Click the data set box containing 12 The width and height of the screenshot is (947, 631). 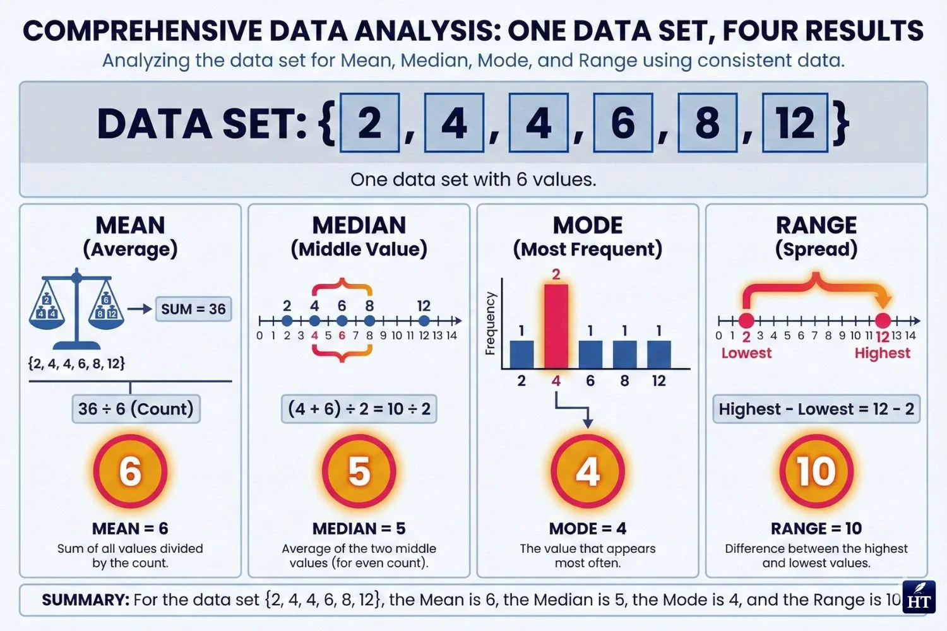tap(795, 122)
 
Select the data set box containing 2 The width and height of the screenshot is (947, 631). tap(369, 122)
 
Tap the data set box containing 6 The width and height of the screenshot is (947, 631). tap(623, 122)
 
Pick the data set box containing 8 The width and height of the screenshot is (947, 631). tap(707, 122)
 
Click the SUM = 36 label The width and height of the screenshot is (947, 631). tap(193, 309)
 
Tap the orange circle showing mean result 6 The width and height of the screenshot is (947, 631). tap(130, 471)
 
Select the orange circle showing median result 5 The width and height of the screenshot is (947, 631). tap(359, 471)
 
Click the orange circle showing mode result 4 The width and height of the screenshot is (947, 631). tap(588, 471)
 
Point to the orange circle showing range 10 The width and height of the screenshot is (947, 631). tap(816, 471)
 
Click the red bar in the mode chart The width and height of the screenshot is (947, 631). tap(556, 326)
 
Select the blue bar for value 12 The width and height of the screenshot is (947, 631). tap(658, 355)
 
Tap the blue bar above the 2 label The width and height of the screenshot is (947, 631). tap(521, 355)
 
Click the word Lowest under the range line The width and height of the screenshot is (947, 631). tap(746, 353)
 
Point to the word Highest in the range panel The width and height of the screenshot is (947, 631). tap(882, 353)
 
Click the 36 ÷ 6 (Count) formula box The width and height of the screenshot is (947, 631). tap(136, 409)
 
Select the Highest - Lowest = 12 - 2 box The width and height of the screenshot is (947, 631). tap(816, 409)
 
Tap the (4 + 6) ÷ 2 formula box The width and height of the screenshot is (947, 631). tap(359, 409)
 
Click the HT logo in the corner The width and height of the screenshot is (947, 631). tap(919, 597)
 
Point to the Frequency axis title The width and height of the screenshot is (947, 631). tap(490, 323)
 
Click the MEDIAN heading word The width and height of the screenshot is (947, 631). tap(359, 225)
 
